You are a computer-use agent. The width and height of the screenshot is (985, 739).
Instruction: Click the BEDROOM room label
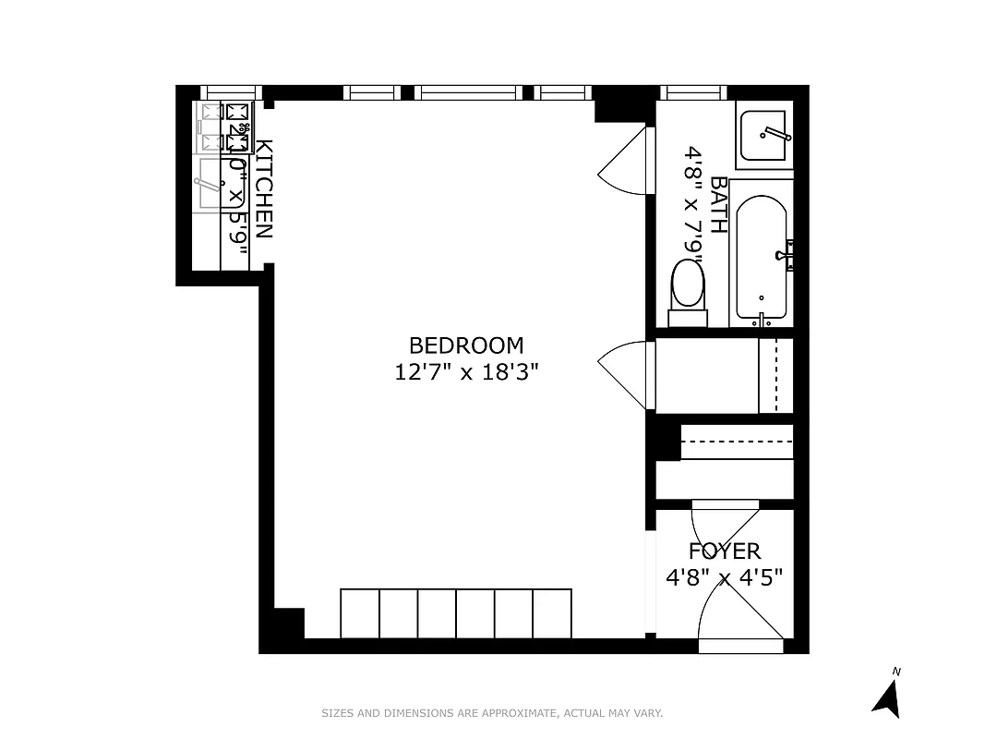tap(465, 345)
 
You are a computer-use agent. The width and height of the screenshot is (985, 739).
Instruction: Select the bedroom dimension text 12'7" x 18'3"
tap(465, 372)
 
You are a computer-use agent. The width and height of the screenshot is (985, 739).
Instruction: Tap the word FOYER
tap(725, 551)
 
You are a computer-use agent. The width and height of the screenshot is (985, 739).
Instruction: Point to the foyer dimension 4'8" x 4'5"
tap(725, 577)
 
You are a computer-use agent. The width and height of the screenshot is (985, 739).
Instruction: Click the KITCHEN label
tap(264, 188)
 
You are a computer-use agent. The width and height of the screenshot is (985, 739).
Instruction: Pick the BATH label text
tap(719, 204)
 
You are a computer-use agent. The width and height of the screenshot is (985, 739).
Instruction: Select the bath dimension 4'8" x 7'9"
tap(694, 204)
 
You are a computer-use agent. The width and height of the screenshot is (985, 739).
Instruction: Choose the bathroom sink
tap(763, 135)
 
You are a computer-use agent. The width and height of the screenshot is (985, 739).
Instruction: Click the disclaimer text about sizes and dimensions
tap(492, 713)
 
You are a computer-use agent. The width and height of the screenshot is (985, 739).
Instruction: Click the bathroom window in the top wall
tap(696, 92)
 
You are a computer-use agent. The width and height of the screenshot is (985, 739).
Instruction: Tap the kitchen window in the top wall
tap(231, 92)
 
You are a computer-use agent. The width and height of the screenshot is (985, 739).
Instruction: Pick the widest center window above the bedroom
tap(468, 92)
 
